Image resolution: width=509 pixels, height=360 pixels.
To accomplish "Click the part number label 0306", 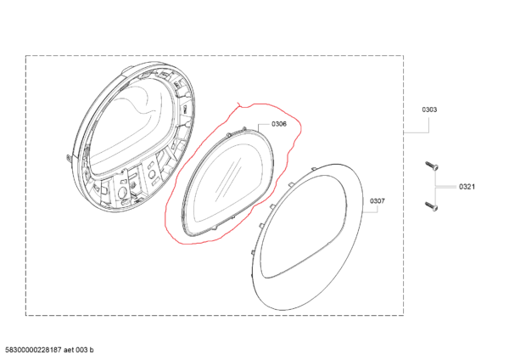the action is click(x=279, y=124).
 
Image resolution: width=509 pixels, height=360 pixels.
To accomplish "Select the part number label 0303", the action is click(x=429, y=110).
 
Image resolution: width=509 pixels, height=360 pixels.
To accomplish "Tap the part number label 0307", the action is click(x=378, y=201).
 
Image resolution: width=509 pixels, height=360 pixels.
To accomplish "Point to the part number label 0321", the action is click(x=467, y=187).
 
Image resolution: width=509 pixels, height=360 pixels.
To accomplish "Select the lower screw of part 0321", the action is click(x=432, y=205).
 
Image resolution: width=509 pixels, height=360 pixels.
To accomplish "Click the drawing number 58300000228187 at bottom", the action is click(x=33, y=350).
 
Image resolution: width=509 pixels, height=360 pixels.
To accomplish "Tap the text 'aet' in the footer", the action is click(x=69, y=350).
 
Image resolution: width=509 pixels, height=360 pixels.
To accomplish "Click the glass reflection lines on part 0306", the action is click(x=227, y=178).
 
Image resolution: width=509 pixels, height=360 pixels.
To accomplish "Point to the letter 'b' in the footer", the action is click(x=92, y=350).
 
